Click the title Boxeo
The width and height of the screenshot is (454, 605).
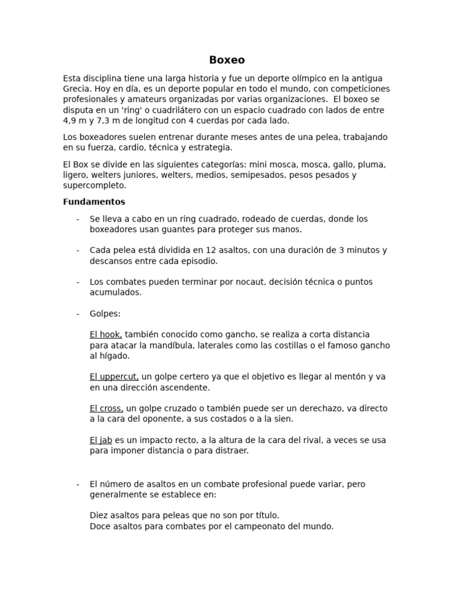pyautogui.click(x=227, y=60)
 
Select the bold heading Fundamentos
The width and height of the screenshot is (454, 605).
pyautogui.click(x=94, y=201)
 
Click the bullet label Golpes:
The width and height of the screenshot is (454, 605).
pyautogui.click(x=105, y=313)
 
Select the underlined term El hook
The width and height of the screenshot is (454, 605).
pyautogui.click(x=106, y=334)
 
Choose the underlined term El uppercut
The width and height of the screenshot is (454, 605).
pyautogui.click(x=114, y=376)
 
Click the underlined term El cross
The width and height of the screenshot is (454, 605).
pyautogui.click(x=106, y=408)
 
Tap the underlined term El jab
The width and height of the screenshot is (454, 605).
pyautogui.click(x=101, y=440)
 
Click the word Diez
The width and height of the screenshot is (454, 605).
pyautogui.click(x=99, y=515)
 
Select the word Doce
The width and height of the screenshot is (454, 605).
pyautogui.click(x=100, y=526)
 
